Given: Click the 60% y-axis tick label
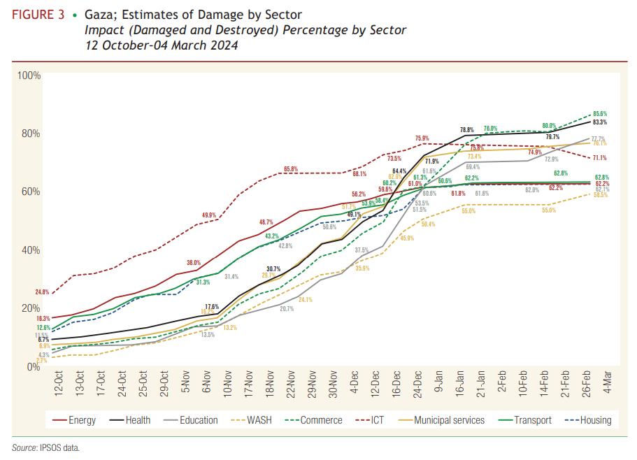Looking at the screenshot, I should coord(31,192).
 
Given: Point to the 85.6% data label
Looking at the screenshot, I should coord(599,113).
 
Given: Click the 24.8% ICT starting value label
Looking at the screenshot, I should coord(42,292).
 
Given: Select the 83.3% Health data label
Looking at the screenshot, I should coord(599,122).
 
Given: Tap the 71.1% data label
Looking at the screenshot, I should coord(599,158).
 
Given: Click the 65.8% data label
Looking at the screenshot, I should coord(291,169).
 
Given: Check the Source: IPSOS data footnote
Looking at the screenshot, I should coord(45,447).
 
